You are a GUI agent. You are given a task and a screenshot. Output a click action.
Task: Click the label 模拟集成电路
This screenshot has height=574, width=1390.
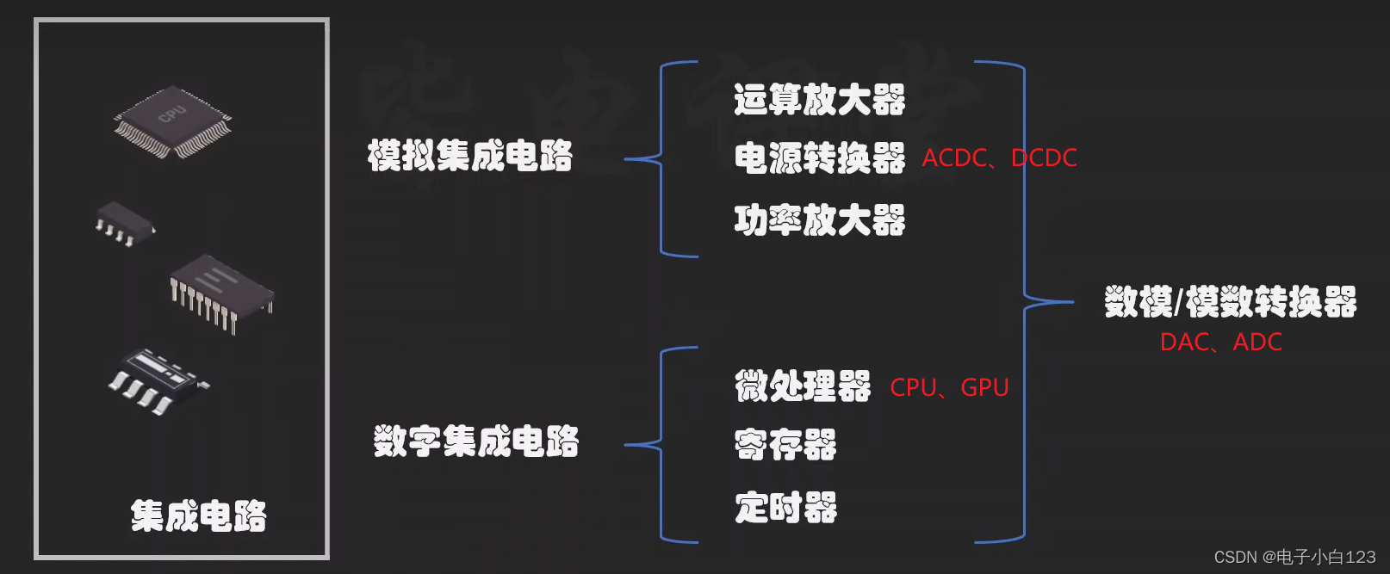pyautogui.click(x=469, y=156)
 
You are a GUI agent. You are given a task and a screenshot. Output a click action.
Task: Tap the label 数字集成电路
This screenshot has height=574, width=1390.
pyautogui.click(x=475, y=441)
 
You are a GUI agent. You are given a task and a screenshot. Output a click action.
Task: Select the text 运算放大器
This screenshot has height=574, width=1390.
pyautogui.click(x=819, y=100)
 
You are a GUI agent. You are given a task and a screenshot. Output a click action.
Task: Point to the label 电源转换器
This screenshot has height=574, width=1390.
pyautogui.click(x=819, y=158)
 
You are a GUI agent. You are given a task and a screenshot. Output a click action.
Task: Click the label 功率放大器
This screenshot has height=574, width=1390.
pyautogui.click(x=819, y=220)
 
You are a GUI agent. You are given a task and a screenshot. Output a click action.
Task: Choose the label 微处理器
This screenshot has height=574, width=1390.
pyautogui.click(x=802, y=386)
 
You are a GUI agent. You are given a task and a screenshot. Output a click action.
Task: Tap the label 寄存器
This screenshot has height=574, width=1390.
pyautogui.click(x=785, y=445)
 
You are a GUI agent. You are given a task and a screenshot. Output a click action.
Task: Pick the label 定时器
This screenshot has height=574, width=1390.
pyautogui.click(x=785, y=508)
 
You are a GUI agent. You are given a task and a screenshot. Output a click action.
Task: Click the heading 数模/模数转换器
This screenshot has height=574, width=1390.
pyautogui.click(x=1230, y=302)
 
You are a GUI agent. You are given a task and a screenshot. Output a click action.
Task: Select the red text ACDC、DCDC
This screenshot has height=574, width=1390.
pyautogui.click(x=999, y=158)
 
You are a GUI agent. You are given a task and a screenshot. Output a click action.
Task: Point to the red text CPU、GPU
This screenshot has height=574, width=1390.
pyautogui.click(x=949, y=388)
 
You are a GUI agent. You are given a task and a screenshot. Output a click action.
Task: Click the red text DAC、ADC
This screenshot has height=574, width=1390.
pyautogui.click(x=1220, y=343)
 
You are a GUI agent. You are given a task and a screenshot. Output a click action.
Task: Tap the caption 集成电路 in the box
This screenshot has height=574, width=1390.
pyautogui.click(x=198, y=516)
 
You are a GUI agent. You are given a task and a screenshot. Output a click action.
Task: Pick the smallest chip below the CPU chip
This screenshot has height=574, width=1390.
pyautogui.click(x=124, y=222)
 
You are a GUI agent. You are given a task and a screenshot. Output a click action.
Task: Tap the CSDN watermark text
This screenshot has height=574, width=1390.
pyautogui.click(x=1294, y=558)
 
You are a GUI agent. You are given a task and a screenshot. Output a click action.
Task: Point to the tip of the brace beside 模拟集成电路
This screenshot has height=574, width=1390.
pyautogui.click(x=627, y=159)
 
